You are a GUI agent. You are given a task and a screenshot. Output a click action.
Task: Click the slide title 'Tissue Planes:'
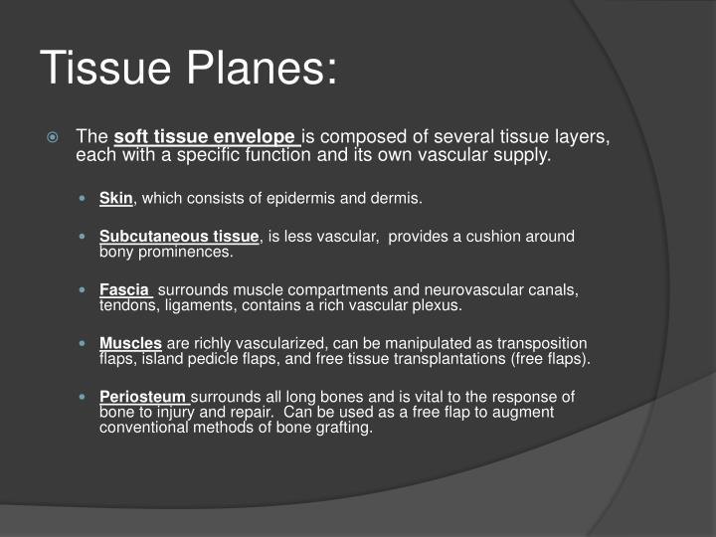pos(189,68)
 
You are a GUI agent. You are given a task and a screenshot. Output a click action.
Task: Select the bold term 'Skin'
pos(116,198)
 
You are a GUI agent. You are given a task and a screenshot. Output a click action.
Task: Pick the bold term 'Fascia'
pos(124,290)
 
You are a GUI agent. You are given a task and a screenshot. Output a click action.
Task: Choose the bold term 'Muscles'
pos(130,343)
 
